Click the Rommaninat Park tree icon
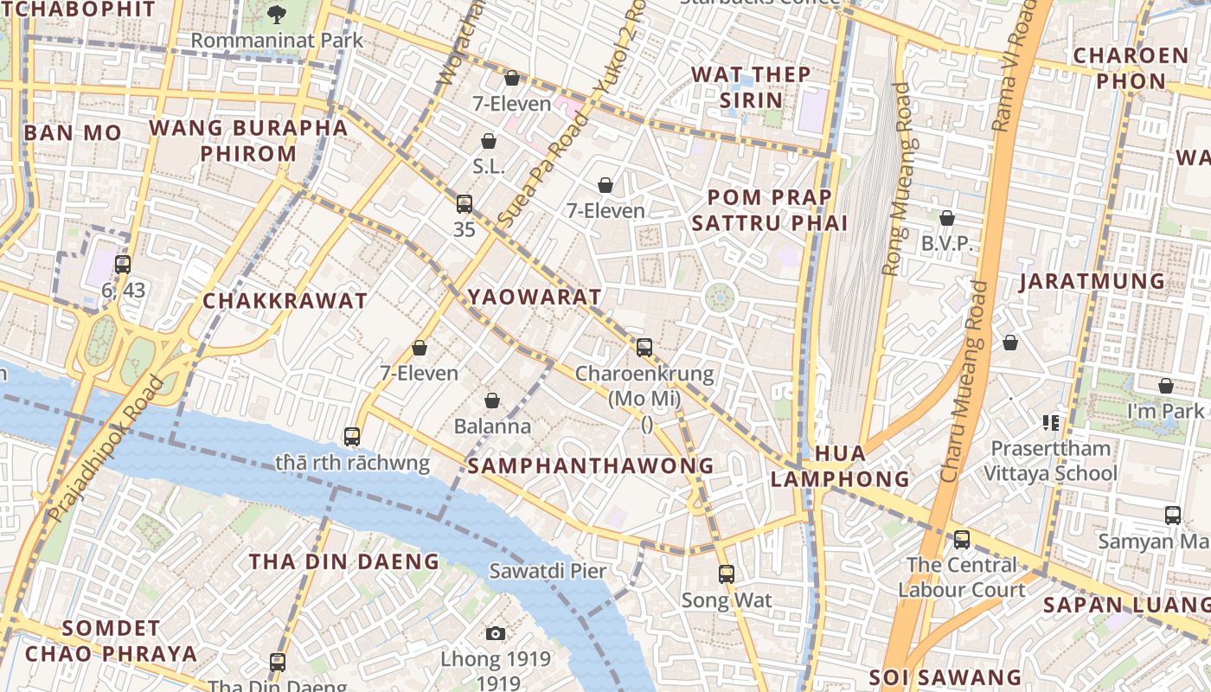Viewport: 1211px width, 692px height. point(277,14)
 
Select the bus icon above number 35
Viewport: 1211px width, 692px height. point(465,204)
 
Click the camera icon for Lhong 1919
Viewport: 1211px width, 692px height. point(496,634)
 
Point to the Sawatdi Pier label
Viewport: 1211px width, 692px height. point(548,571)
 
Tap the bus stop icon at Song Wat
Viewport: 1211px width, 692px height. point(727,574)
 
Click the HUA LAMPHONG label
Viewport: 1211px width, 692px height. point(840,466)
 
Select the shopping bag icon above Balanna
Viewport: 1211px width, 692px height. point(492,400)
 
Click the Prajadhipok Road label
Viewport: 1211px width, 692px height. point(106,450)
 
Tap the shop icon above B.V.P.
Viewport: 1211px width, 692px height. point(947,218)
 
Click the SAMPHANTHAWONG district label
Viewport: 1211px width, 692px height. point(591,466)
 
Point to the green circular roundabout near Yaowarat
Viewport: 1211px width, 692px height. point(719,298)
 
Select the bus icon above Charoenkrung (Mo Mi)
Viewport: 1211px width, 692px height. point(644,348)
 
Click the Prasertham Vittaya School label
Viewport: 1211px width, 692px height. point(1050,461)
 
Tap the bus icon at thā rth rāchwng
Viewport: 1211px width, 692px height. point(352,436)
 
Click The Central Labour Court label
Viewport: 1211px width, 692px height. point(961,577)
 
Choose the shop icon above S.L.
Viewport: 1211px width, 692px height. point(489,141)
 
